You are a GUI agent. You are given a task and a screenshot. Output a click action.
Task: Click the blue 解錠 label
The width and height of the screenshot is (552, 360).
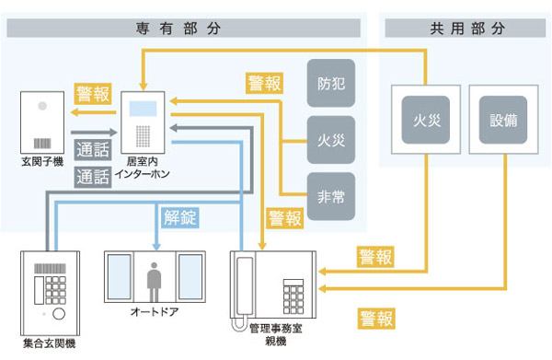(179, 217)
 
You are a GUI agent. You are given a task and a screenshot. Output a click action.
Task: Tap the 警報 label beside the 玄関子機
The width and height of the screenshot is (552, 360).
(92, 94)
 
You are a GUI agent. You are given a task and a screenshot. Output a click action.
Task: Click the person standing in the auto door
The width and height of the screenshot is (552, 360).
(152, 277)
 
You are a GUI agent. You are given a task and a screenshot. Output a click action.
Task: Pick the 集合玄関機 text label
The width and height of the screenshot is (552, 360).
(49, 343)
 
